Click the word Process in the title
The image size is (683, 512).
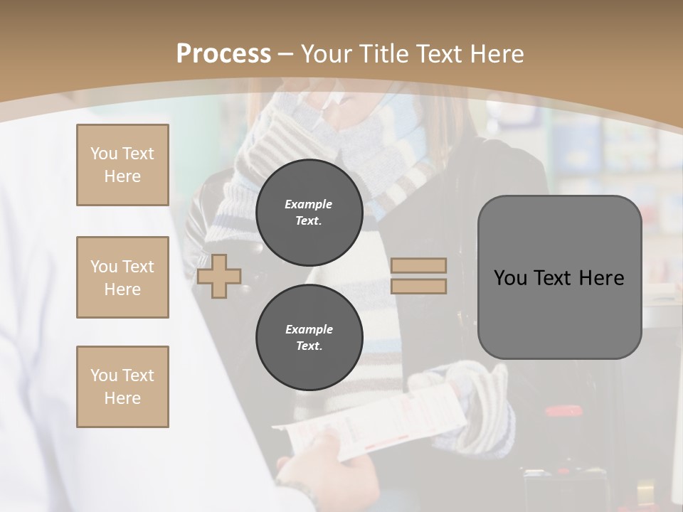(x=223, y=54)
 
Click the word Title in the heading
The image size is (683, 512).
(x=383, y=54)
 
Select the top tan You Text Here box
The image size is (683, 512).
(x=122, y=165)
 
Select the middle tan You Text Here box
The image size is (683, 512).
(x=122, y=277)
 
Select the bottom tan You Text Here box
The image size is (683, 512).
(x=122, y=387)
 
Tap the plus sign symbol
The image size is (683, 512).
(x=218, y=276)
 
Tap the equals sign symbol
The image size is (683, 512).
(x=418, y=276)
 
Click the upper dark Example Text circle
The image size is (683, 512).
(x=309, y=213)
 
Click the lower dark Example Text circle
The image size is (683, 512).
(x=309, y=338)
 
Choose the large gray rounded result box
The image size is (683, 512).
(x=559, y=277)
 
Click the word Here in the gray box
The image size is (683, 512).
(x=601, y=278)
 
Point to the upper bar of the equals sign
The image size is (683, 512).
(x=418, y=266)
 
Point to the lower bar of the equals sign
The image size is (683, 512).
(x=418, y=286)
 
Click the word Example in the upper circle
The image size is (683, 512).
(x=309, y=204)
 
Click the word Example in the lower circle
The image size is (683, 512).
(x=309, y=329)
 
